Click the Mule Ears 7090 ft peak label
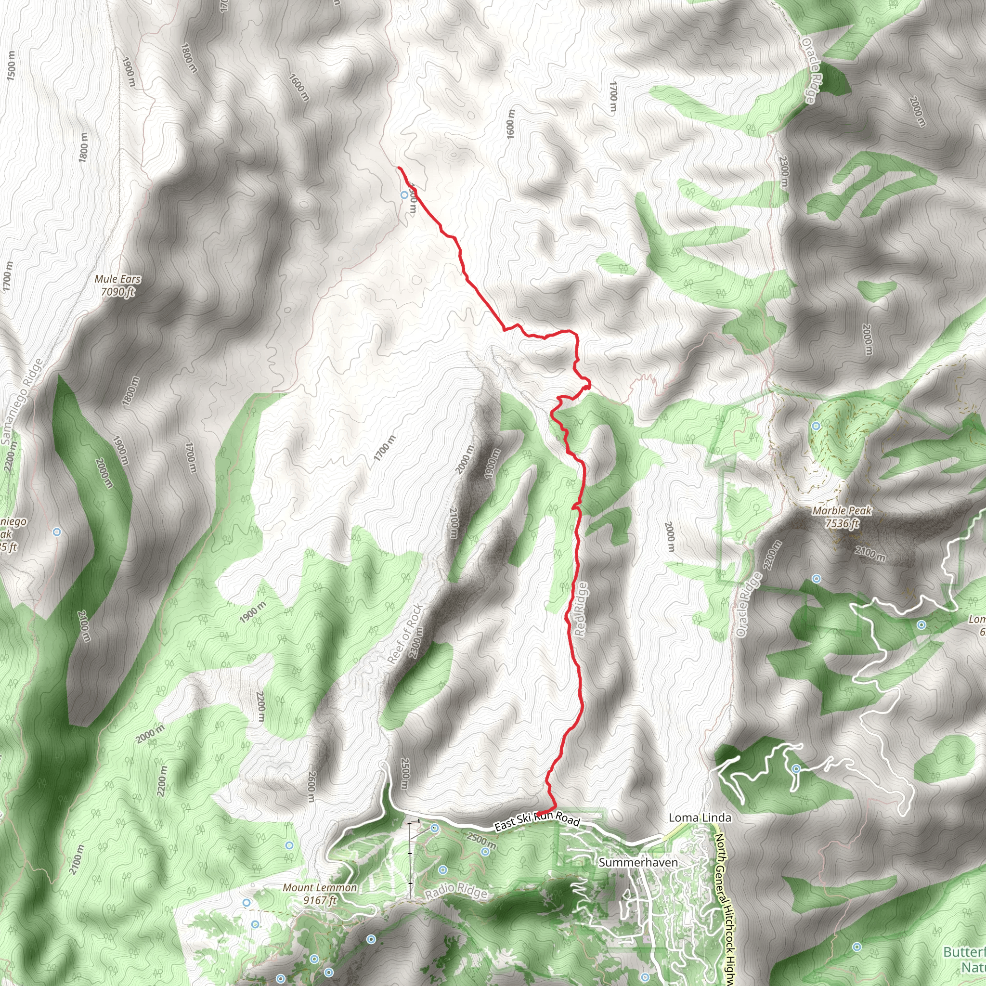(x=118, y=285)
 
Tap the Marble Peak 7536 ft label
(x=842, y=517)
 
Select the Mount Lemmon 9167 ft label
(x=320, y=894)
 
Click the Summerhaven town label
(x=638, y=862)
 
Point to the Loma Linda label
(x=700, y=817)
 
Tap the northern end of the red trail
(x=399, y=168)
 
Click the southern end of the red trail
(x=538, y=814)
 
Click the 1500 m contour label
(x=11, y=66)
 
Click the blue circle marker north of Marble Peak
(x=816, y=426)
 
